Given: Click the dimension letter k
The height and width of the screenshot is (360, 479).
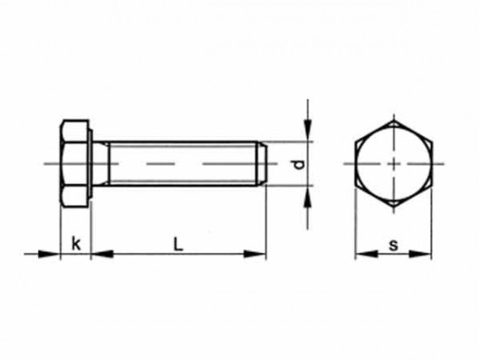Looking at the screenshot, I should tap(77, 245).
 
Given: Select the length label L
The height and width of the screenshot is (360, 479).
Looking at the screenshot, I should tap(178, 245).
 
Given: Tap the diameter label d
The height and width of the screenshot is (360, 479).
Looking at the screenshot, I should tap(299, 165).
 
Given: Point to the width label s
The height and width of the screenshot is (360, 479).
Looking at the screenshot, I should tap(393, 246).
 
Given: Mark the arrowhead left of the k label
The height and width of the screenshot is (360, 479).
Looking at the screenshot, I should tap(51, 255).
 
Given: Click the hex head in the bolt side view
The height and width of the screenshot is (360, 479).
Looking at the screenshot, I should tap(75, 163).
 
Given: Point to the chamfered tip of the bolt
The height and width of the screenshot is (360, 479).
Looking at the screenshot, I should tap(262, 163).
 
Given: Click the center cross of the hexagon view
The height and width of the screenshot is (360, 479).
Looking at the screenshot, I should tap(394, 164).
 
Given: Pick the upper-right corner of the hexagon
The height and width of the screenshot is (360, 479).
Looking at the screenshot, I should tap(431, 142).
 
